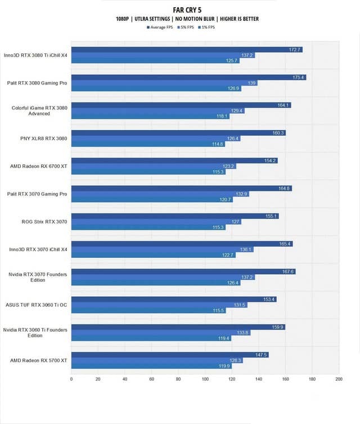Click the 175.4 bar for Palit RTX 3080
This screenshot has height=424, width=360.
pyautogui.click(x=188, y=77)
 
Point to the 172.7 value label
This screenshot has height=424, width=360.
pyautogui.click(x=295, y=50)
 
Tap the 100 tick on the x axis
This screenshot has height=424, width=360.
pyautogui.click(x=205, y=379)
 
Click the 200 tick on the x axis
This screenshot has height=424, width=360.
pyautogui.click(x=339, y=379)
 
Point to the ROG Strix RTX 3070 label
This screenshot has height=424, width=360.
pyautogui.click(x=43, y=222)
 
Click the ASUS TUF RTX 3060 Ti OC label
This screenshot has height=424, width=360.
pyautogui.click(x=37, y=305)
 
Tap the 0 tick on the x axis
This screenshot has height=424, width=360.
pyautogui.click(x=71, y=379)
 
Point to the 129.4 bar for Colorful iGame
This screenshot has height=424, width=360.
pyautogui.click(x=157, y=111)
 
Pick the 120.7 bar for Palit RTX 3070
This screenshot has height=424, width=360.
pyautogui.click(x=152, y=199)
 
